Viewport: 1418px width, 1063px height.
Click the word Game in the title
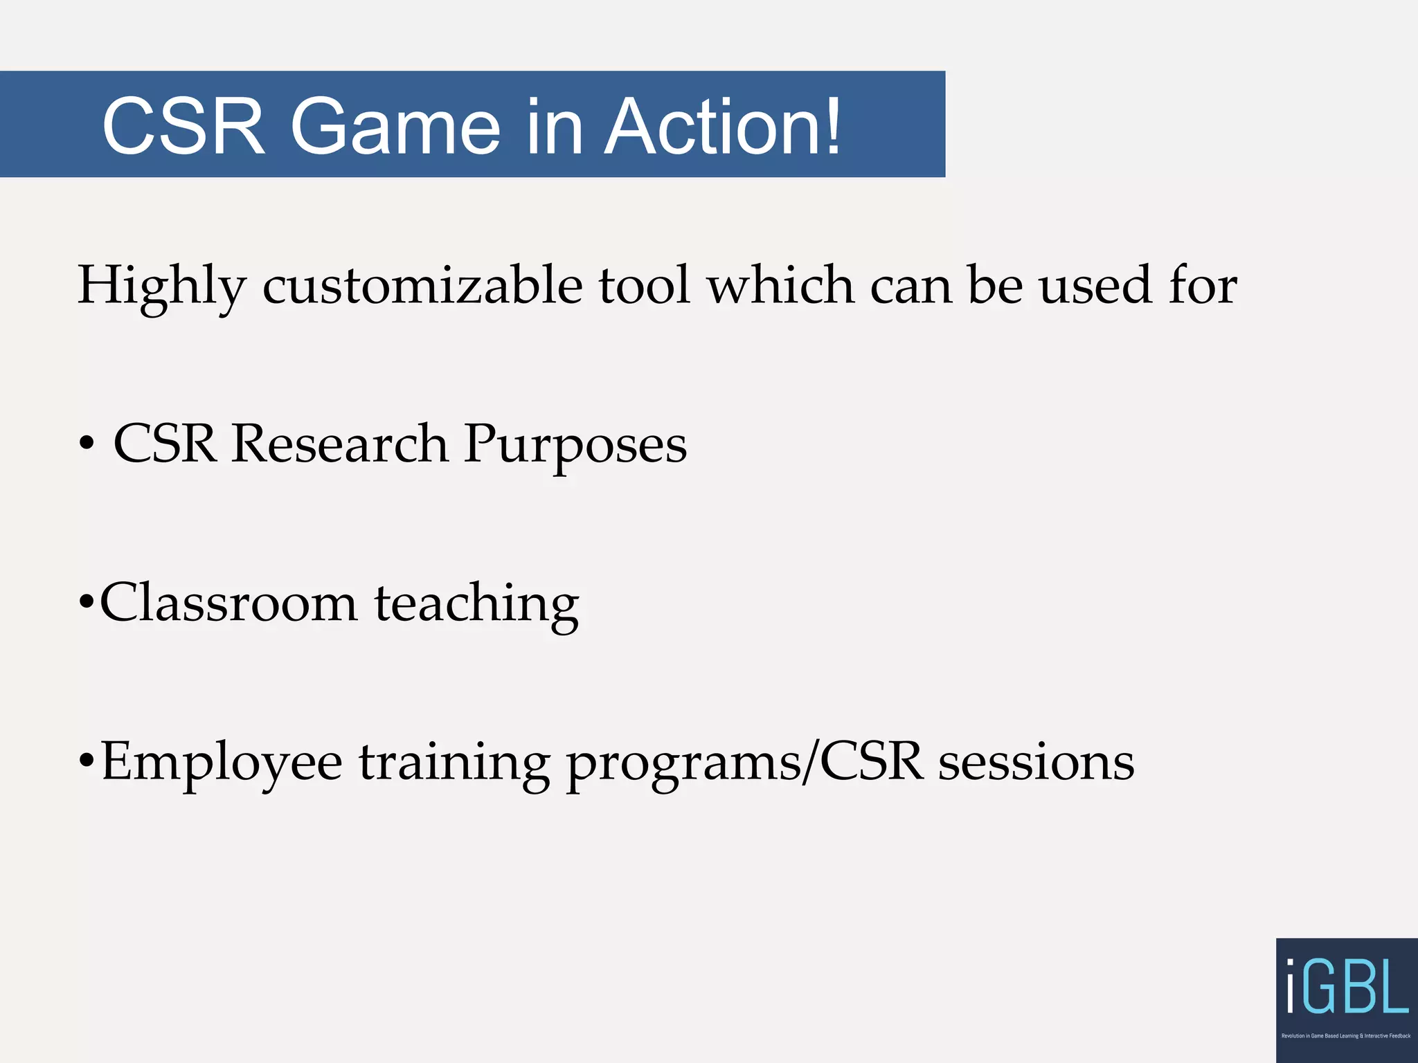(395, 127)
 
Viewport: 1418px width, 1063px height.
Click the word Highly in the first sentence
(161, 286)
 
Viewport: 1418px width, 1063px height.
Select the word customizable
(422, 286)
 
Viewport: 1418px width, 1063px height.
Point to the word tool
(644, 286)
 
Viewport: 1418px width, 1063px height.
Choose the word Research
(339, 444)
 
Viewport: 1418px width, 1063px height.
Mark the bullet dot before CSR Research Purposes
(87, 444)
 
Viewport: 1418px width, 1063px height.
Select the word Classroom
(228, 603)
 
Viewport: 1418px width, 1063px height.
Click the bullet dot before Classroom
(86, 603)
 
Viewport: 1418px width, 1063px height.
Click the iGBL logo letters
(1347, 986)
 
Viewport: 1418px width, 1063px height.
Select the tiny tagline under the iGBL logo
(1345, 1036)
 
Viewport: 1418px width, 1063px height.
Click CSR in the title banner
(183, 127)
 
